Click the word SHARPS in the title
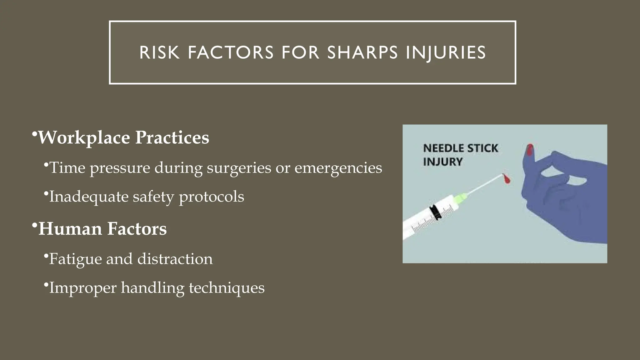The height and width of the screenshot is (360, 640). [362, 52]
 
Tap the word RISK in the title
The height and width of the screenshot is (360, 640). [160, 52]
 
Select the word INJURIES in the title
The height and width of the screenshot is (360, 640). [446, 52]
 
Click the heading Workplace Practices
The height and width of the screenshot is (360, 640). [123, 137]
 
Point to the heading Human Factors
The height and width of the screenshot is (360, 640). [102, 229]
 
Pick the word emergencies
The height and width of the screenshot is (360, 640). [338, 168]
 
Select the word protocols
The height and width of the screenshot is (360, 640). [211, 197]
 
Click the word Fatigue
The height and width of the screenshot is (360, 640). [75, 259]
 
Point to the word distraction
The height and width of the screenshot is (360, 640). [175, 259]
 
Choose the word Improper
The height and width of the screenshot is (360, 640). [82, 288]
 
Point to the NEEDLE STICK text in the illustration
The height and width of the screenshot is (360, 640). [460, 148]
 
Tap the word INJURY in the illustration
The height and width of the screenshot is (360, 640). [442, 162]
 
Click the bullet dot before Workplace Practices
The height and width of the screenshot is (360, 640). [34, 134]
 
